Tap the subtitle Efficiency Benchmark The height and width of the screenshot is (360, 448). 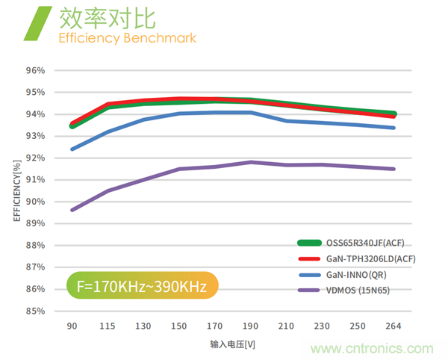tap(128, 37)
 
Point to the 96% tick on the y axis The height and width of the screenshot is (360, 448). tap(36, 71)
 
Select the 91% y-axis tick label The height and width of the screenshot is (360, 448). tap(36, 180)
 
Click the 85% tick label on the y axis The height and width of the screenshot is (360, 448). tap(36, 311)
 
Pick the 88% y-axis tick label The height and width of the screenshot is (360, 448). tap(36, 245)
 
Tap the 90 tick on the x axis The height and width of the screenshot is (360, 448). tap(72, 326)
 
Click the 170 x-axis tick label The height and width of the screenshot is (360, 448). tap(215, 326)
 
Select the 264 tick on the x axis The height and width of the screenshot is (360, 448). tap(394, 326)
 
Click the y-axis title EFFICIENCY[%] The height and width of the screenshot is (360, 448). tap(16, 191)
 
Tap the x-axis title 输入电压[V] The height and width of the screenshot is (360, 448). tap(233, 345)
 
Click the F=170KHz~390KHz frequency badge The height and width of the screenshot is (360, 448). tap(142, 285)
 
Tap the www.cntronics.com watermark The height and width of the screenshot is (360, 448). tap(373, 349)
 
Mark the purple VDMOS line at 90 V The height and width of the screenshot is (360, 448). tap(72, 210)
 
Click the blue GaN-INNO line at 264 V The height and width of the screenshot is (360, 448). tap(393, 128)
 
